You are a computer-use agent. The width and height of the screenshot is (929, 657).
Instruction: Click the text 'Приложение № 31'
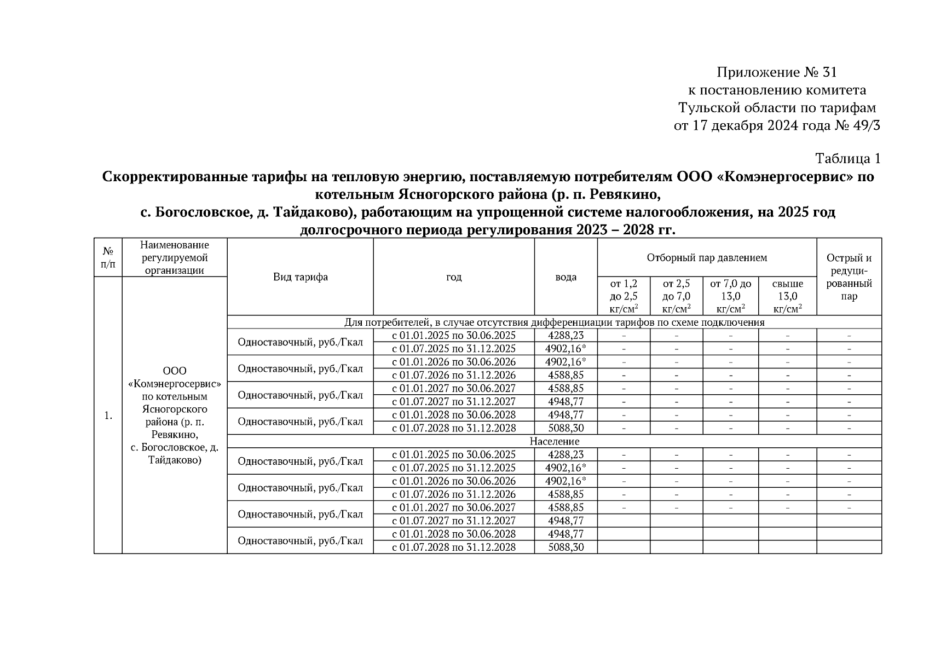[x=777, y=72]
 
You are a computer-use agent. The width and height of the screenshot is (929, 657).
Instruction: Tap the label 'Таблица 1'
[x=847, y=159]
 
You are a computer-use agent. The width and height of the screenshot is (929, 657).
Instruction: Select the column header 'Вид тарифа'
[x=300, y=277]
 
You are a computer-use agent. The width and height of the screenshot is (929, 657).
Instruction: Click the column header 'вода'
[x=566, y=277]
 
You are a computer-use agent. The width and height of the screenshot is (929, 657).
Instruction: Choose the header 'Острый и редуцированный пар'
[x=849, y=277]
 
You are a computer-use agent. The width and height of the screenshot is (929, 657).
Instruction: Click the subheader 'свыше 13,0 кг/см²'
[x=787, y=296]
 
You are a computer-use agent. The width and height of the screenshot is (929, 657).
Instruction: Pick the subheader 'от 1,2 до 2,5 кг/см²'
[x=624, y=296]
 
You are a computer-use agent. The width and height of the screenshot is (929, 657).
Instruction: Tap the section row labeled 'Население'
[x=554, y=441]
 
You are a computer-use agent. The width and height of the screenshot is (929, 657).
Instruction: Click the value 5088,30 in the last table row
[x=566, y=547]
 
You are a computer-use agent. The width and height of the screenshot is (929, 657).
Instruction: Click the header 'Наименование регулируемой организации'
[x=175, y=257]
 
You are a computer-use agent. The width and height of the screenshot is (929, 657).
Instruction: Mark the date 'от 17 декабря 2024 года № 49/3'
[x=777, y=126]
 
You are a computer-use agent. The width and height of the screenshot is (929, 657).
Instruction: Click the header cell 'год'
[x=454, y=277]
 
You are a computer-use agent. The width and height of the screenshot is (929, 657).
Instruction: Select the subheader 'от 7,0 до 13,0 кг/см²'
[x=730, y=296]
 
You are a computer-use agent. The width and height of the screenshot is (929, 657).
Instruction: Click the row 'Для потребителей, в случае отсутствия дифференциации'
[x=554, y=322]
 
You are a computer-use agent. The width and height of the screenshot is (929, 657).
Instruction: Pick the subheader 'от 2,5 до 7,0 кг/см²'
[x=676, y=296]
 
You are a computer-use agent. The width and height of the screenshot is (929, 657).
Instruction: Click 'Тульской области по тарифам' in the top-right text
[x=777, y=108]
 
